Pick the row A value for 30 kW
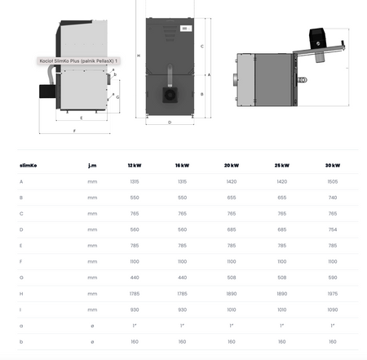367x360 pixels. [332, 181]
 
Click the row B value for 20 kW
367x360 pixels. [232, 197]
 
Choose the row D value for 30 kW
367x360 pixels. [332, 229]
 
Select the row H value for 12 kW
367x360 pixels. [134, 293]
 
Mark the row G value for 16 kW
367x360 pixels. [183, 277]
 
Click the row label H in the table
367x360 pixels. [21, 293]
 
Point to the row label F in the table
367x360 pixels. [21, 260]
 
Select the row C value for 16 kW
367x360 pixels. [183, 213]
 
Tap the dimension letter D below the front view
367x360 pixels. [170, 122]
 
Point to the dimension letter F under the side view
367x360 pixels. [74, 131]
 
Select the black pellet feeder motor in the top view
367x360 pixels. [317, 36]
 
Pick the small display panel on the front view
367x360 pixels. [185, 29]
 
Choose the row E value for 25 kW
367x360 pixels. [282, 245]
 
